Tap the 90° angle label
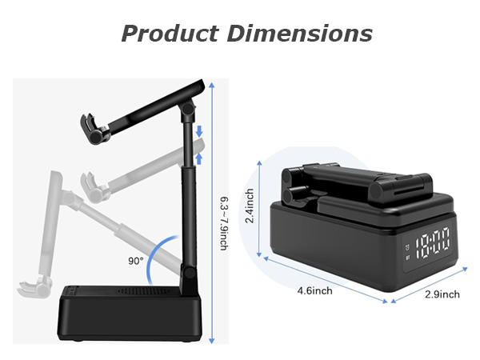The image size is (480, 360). point(136,260)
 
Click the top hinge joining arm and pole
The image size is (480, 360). point(188,108)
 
